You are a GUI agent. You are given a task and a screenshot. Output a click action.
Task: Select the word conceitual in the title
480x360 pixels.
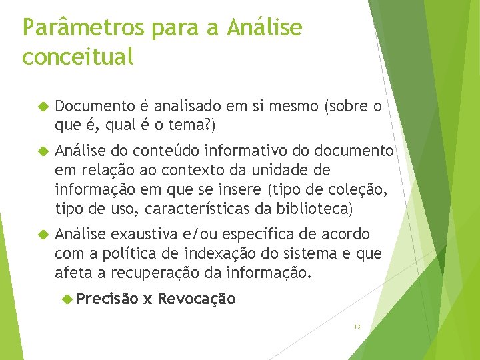pyautogui.click(x=77, y=57)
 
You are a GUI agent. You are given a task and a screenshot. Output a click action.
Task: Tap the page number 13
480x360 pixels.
pyautogui.click(x=357, y=326)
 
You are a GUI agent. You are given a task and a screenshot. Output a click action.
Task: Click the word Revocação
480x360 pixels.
pyautogui.click(x=197, y=299)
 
